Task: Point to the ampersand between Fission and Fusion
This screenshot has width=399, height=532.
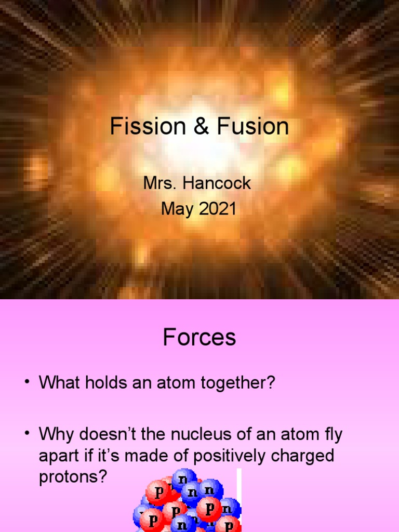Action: point(199,127)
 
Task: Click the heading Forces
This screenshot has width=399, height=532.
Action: point(199,338)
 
